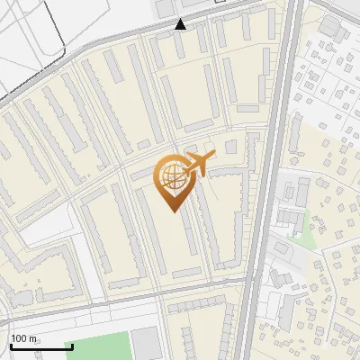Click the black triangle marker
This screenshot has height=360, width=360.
[181, 24]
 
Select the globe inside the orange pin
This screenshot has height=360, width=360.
[170, 177]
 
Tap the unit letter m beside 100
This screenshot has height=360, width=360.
[34, 338]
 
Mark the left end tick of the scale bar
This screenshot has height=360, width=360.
[11, 345]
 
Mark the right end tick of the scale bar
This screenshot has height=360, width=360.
[72, 345]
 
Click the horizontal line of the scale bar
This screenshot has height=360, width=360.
[41, 346]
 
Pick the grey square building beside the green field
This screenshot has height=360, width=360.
[145, 344]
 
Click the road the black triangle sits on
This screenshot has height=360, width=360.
[135, 31]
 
